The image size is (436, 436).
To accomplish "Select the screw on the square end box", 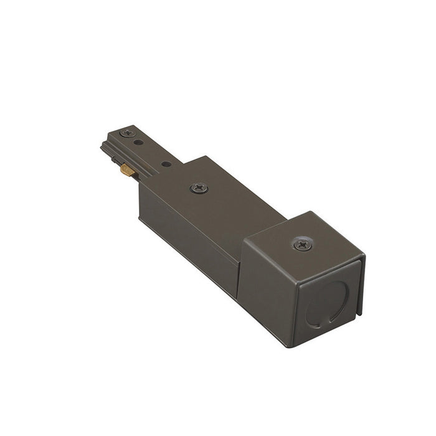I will click(303, 244).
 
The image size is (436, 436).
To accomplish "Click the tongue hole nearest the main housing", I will click(166, 164).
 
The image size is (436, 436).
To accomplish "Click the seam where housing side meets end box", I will click(239, 274).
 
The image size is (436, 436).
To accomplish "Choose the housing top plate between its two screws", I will click(249, 212).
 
